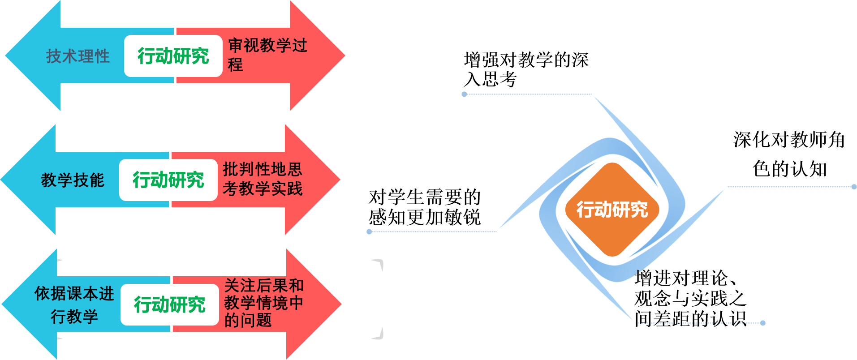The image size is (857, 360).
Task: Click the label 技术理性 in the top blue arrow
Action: coord(78,56)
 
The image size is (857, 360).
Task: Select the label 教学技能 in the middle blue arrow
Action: coord(73,180)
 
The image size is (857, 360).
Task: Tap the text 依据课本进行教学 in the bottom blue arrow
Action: coord(74,305)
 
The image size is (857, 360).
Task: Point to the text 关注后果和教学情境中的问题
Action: coord(264,303)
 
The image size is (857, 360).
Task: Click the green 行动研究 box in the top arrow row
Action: coord(173,56)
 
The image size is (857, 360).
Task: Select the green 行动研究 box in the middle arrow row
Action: coord(168,180)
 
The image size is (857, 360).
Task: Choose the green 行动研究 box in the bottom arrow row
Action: coord(170,305)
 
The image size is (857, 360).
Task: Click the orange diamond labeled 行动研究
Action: coord(612,210)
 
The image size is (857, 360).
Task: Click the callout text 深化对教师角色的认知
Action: coord(789,154)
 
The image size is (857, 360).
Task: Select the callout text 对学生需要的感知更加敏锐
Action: coord(425,207)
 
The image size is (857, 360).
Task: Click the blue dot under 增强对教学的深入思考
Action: coord(465,94)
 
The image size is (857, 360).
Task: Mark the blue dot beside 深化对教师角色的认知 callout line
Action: coord(854,187)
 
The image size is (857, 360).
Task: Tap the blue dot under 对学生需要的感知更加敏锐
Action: coord(369,231)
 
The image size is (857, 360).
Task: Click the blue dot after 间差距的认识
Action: coord(763,323)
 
